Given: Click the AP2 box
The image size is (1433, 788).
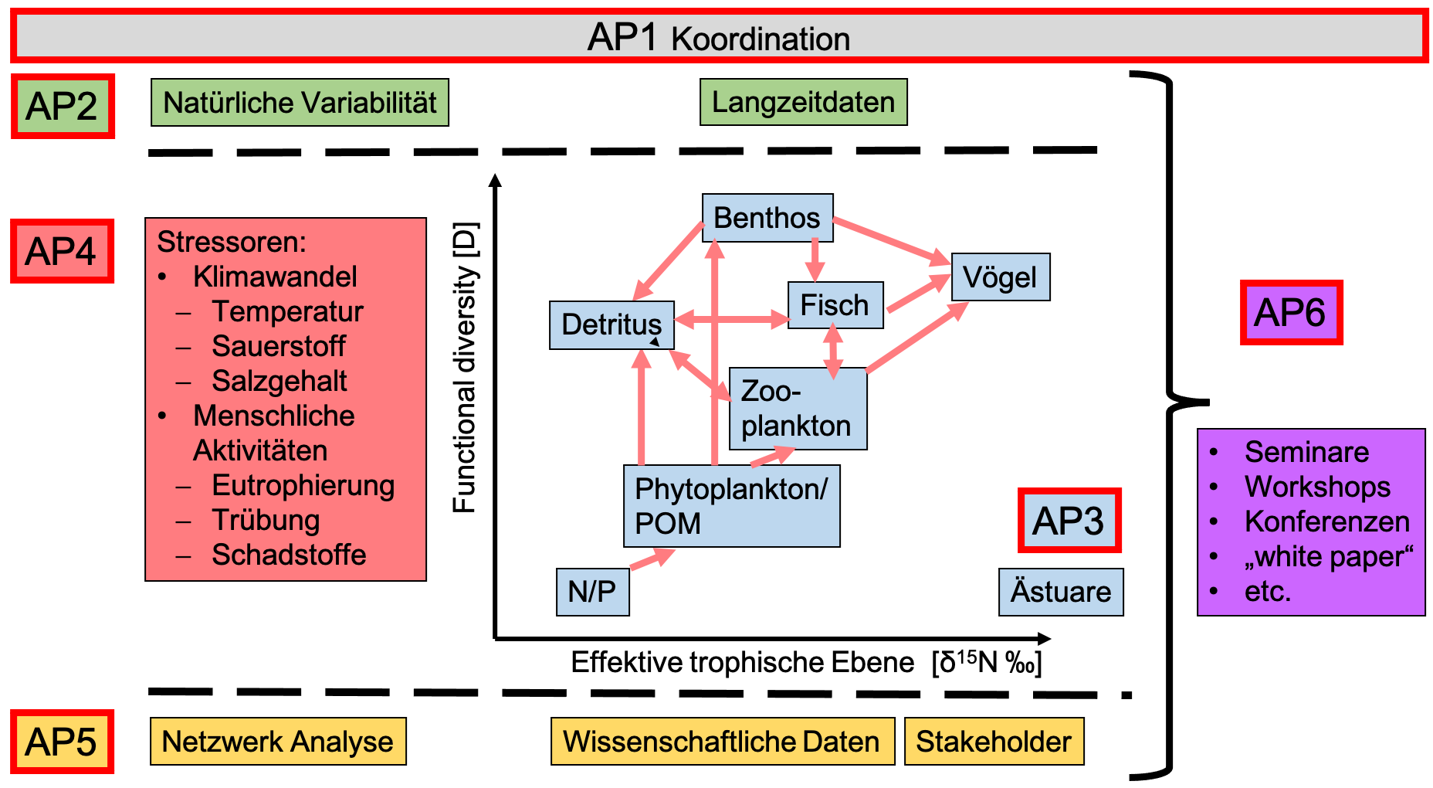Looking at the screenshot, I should [63, 107].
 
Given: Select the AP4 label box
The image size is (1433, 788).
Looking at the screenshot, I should [62, 252].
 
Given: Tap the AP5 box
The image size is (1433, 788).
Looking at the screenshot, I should [62, 742].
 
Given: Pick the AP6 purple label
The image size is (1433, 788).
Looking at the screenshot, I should [1291, 313].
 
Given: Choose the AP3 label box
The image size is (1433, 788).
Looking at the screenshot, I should [1069, 521].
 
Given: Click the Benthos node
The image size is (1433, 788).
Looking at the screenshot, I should [767, 218].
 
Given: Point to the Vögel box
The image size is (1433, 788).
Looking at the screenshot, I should [1000, 277].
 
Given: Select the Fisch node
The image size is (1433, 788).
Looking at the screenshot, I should [835, 305].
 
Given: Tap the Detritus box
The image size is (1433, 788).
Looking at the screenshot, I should [611, 325].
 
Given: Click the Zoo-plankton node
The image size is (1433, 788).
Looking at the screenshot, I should [797, 409].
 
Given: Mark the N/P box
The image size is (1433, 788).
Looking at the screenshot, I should [592, 592].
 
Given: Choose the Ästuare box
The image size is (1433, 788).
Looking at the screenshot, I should [1061, 592].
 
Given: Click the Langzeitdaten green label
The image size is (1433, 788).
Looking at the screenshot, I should [803, 102].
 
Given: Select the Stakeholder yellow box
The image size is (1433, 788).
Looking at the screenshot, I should [994, 742].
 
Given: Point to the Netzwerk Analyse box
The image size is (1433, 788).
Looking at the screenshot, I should [278, 742].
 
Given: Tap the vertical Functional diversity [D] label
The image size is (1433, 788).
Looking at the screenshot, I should [464, 368].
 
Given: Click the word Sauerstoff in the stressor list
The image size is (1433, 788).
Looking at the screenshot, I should [279, 346].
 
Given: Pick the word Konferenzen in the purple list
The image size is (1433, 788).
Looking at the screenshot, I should [1327, 521].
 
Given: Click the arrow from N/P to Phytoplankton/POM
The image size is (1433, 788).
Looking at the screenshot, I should [652, 559].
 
